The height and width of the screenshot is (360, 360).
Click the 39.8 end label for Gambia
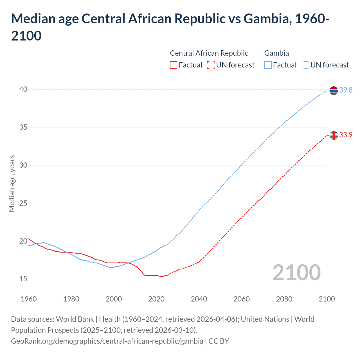click(x=346, y=90)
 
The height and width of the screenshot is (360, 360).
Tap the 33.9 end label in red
click(x=346, y=135)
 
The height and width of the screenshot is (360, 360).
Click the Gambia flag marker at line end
click(x=334, y=91)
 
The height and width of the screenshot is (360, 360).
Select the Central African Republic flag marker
click(x=334, y=135)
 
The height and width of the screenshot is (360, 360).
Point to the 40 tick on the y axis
click(x=23, y=89)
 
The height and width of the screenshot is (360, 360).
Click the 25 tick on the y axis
click(x=23, y=203)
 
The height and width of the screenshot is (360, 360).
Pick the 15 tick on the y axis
click(x=23, y=279)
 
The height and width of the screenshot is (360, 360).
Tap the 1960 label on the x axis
click(x=29, y=299)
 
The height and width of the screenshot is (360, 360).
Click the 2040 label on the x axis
click(x=199, y=299)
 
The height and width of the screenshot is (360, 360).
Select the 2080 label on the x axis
click(x=284, y=299)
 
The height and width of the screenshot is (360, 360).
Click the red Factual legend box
click(x=174, y=65)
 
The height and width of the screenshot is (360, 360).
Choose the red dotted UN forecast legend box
click(x=211, y=65)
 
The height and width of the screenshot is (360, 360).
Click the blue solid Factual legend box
click(x=268, y=65)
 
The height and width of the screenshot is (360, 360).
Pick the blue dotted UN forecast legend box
click(x=305, y=65)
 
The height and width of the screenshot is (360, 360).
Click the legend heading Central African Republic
click(x=209, y=53)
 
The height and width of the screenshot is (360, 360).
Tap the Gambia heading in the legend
click(x=276, y=53)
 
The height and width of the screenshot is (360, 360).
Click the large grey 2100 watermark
click(x=296, y=272)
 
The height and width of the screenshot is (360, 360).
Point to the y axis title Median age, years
click(x=12, y=183)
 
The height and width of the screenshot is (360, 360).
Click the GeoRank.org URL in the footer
click(x=107, y=341)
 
